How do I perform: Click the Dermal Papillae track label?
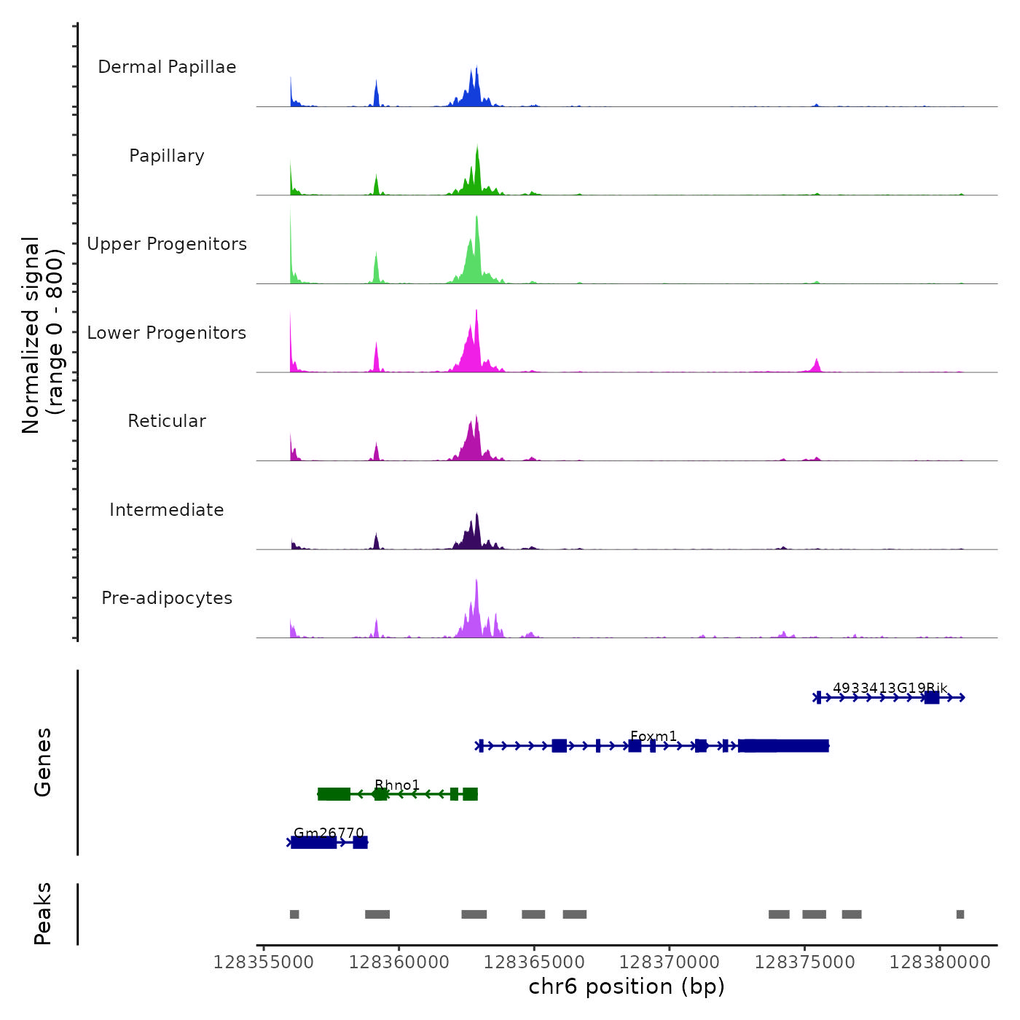click(x=167, y=67)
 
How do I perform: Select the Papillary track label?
click(x=167, y=156)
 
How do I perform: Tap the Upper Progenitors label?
click(x=167, y=244)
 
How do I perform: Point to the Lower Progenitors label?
click(x=167, y=333)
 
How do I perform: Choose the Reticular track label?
click(x=167, y=421)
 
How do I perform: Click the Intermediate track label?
click(x=167, y=510)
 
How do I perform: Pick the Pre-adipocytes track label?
click(x=167, y=598)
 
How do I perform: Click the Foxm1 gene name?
click(x=654, y=736)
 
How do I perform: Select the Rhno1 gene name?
click(x=397, y=785)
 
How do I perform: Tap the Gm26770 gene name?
click(x=329, y=833)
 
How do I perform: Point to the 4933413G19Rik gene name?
click(x=890, y=688)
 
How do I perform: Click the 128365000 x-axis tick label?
click(x=534, y=962)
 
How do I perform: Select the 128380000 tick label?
click(x=940, y=962)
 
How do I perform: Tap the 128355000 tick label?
click(x=264, y=962)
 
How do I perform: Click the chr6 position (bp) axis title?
click(x=627, y=986)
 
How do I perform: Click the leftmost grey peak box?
click(x=294, y=914)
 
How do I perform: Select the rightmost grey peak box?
click(x=960, y=914)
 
